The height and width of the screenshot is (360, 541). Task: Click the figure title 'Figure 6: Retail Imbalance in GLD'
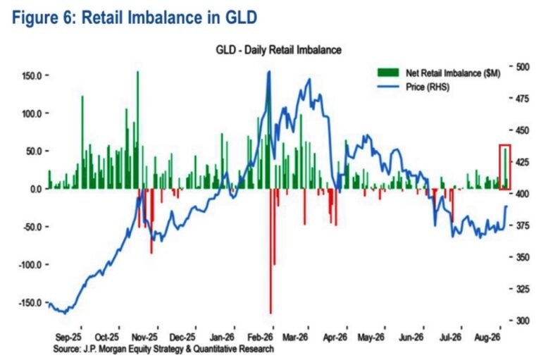pos(135,18)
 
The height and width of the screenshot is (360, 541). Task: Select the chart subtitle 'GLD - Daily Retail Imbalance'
pos(278,50)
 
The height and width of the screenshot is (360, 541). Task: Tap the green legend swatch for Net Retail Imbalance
pos(388,73)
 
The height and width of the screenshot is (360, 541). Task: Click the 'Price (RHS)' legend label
pos(428,87)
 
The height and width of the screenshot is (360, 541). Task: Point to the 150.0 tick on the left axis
pos(32,75)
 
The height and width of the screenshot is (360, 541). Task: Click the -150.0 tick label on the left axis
pos(30,302)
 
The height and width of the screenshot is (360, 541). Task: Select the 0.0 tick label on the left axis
pos(36,189)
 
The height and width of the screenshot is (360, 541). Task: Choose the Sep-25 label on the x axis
pos(68,337)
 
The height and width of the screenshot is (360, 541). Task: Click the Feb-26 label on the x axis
pos(260,337)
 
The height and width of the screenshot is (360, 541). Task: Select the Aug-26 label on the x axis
pos(487,337)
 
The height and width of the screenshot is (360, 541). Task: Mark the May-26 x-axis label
pos(371,337)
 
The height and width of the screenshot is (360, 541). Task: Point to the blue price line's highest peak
pos(269,72)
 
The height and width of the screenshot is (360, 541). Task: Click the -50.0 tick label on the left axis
pos(32,227)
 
